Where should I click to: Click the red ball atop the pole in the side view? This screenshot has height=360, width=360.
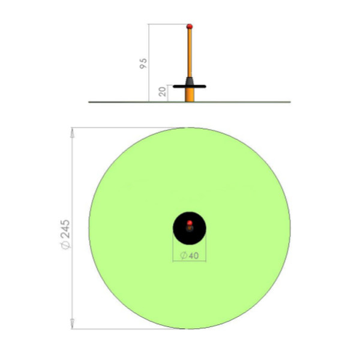tap(190, 26)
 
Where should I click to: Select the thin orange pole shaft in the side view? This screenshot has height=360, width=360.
tap(190, 53)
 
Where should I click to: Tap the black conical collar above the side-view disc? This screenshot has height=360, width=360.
tap(190, 81)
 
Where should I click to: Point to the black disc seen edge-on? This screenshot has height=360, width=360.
tap(190, 86)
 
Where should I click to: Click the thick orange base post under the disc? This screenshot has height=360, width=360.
tap(190, 95)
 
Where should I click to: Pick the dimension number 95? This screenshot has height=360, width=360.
tap(143, 64)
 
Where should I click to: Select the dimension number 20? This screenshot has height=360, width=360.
tap(163, 92)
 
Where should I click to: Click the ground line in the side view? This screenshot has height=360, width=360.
tap(190, 102)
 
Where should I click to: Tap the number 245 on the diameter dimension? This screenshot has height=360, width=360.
tap(65, 229)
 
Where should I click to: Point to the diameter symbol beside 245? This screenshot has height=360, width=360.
tap(65, 245)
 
